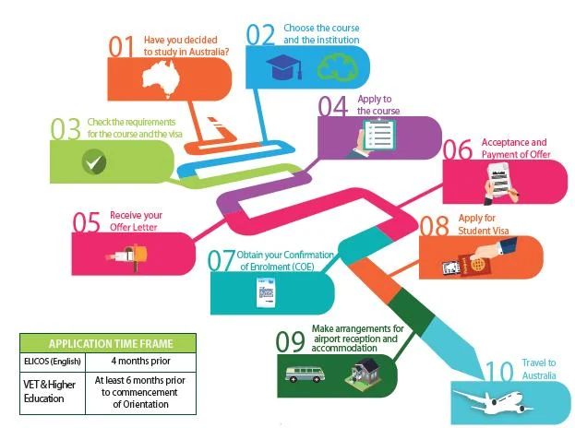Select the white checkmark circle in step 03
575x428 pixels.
coord(93,163)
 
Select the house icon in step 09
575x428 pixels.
coord(360,372)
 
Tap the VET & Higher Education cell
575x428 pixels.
coord(52,390)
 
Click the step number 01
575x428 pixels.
coord(121,46)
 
